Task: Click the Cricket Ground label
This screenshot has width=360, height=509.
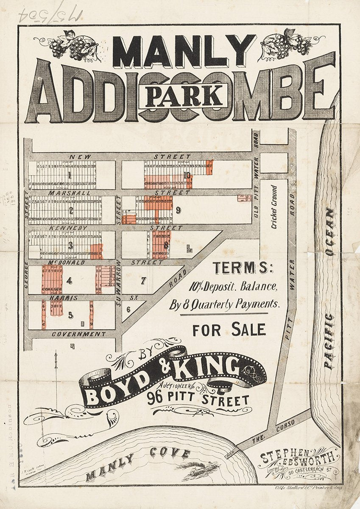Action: tap(274, 207)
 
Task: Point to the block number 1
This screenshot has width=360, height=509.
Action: tap(67, 175)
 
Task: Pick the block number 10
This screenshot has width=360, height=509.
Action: tap(187, 175)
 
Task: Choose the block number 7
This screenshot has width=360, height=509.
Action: tap(143, 281)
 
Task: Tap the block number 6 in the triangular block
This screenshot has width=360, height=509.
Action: tap(128, 309)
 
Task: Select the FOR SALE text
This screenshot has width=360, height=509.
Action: tap(229, 330)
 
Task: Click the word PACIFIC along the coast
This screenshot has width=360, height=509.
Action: tap(329, 341)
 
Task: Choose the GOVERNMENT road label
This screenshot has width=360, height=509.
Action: tap(78, 334)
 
